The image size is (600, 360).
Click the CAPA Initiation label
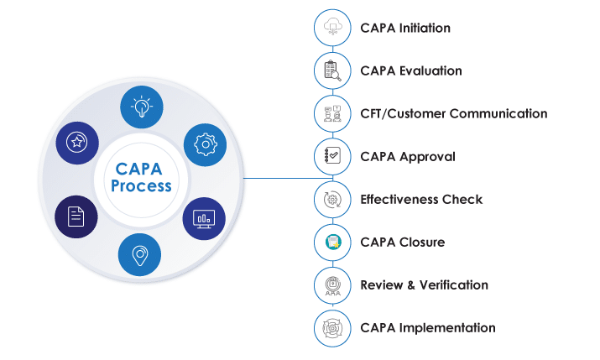405,28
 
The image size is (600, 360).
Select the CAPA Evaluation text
411,70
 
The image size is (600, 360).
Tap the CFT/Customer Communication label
453,113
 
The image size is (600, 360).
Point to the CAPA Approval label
408,156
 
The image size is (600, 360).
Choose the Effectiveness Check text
421,200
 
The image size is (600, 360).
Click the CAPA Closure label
402,243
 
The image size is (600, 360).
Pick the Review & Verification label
424,285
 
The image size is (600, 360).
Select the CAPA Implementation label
428,328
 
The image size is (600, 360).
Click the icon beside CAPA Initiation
331,28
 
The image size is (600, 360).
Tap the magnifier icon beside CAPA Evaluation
331,70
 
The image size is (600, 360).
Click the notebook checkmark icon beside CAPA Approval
331,156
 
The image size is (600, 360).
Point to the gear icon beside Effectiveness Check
331,200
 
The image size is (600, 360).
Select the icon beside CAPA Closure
331,243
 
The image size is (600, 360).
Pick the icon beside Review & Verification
331,285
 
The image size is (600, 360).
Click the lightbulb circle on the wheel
141,105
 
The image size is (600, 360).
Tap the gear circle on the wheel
204,143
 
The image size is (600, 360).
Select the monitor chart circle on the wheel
204,218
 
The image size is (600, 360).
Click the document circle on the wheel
76,217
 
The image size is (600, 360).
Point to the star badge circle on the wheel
76,143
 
